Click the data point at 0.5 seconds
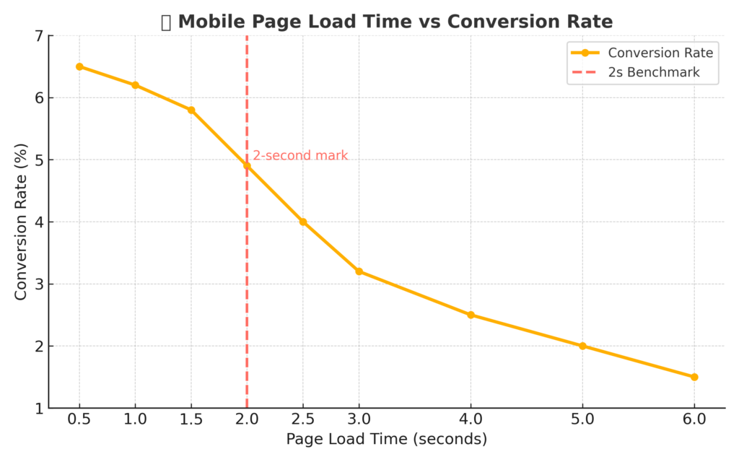click(79, 66)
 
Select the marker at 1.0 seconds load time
click(135, 85)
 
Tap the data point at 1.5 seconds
click(191, 110)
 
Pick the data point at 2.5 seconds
click(303, 222)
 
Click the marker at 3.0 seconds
click(359, 271)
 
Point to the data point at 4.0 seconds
click(471, 315)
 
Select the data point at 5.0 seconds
click(582, 346)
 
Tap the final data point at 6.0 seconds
click(694, 377)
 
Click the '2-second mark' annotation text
click(300, 155)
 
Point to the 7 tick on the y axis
click(38, 36)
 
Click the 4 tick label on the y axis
click(38, 222)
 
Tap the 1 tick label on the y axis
click(38, 409)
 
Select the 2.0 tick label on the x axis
click(247, 419)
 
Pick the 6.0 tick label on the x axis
click(694, 419)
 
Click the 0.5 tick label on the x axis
click(79, 419)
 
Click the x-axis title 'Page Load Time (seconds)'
click(387, 439)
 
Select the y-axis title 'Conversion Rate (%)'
click(21, 222)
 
